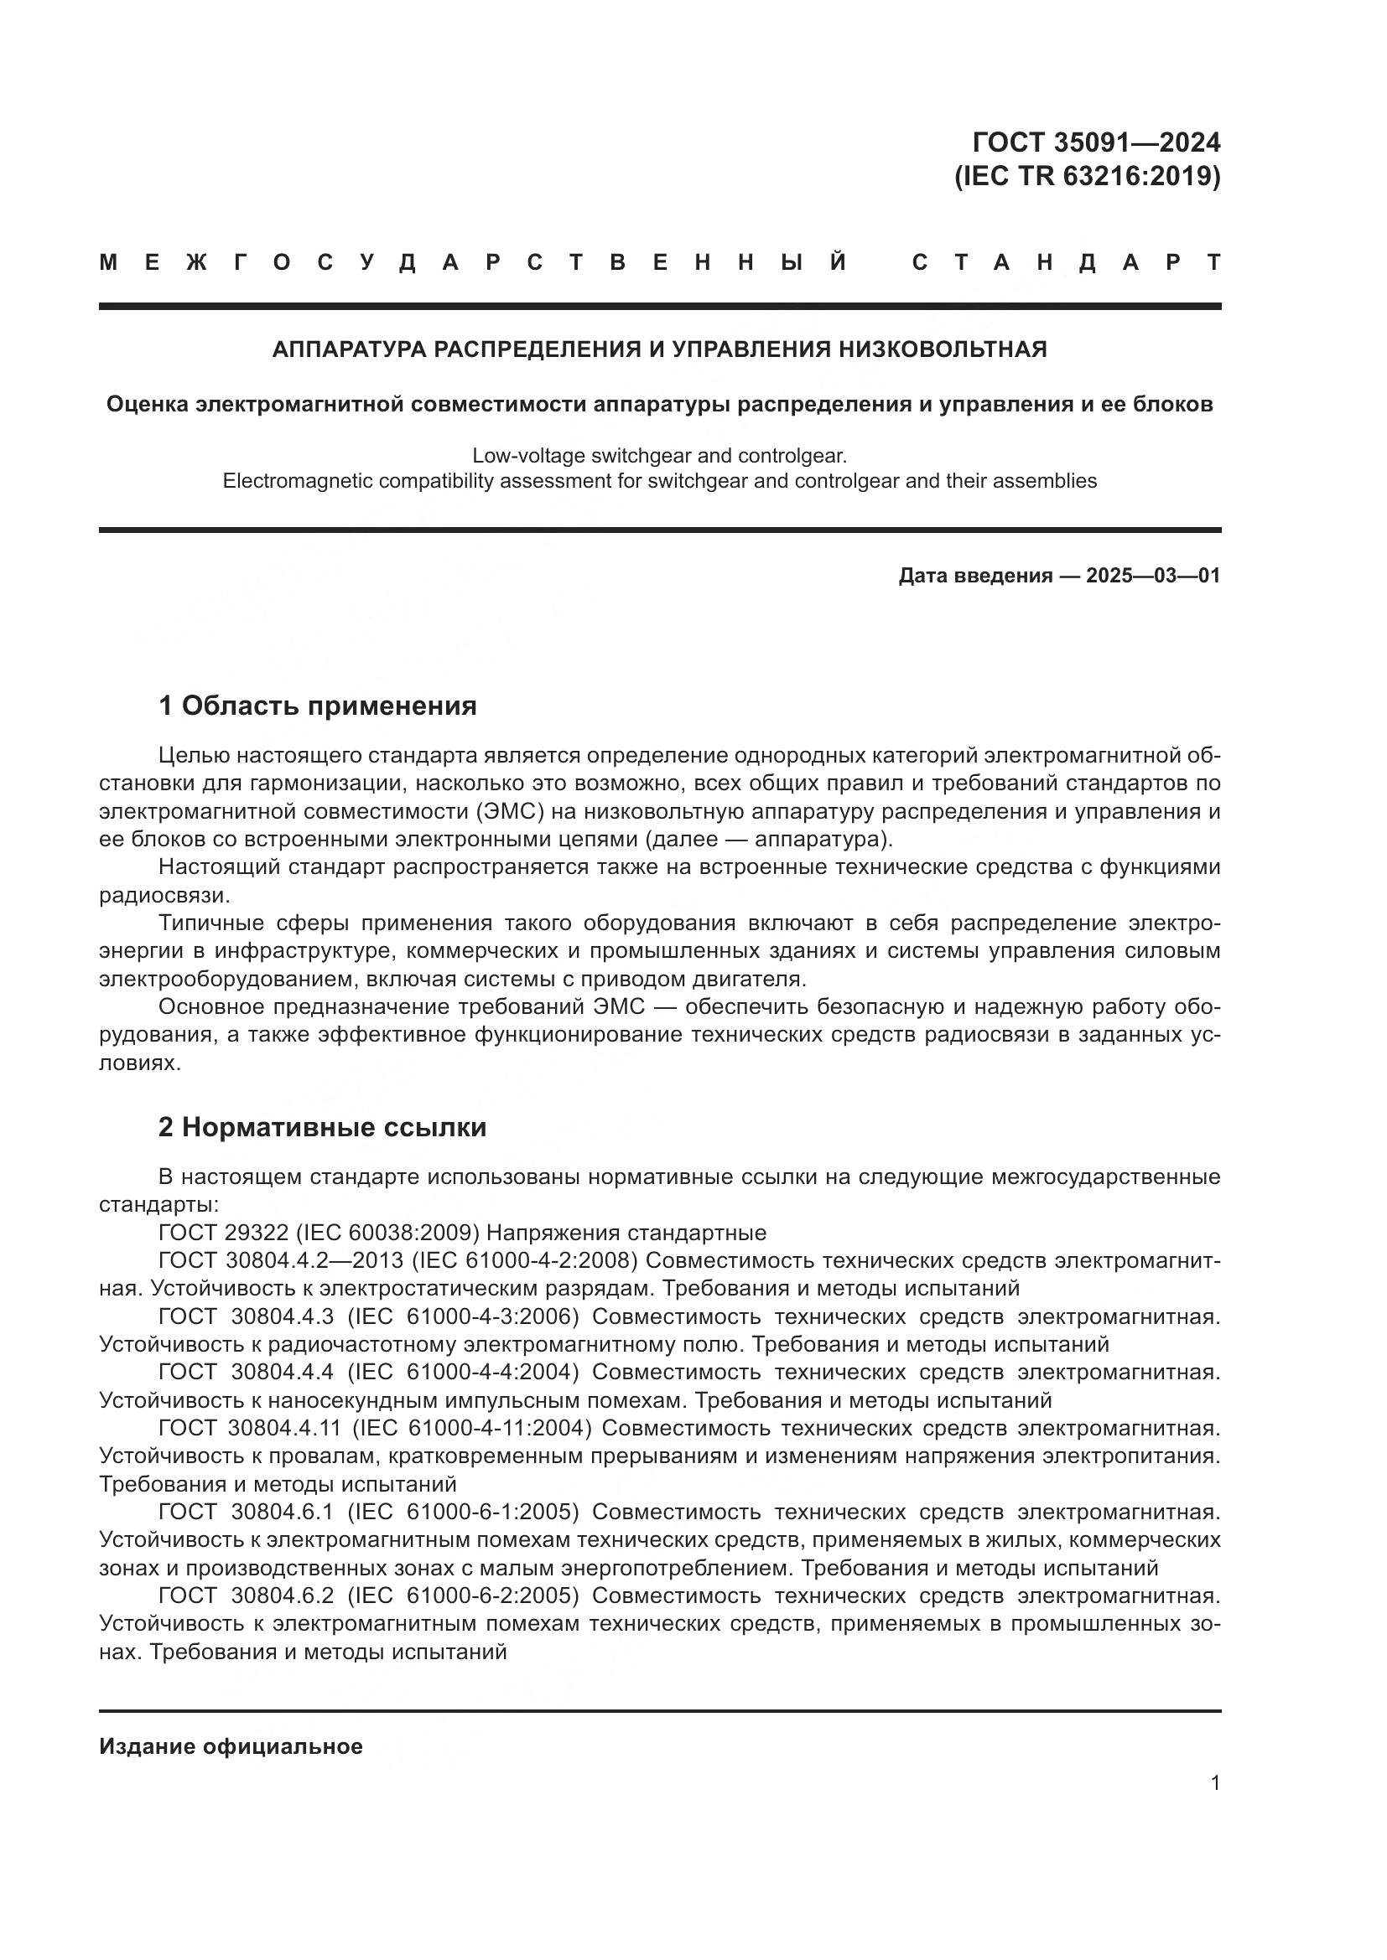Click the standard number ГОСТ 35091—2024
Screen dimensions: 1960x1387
(1096, 142)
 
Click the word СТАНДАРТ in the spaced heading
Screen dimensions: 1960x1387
(1067, 262)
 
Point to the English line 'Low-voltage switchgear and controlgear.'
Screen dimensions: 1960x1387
(659, 455)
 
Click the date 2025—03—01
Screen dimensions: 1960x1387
(1153, 576)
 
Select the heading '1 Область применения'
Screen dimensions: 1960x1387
(317, 706)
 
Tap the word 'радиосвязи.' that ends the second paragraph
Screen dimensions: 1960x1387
(165, 895)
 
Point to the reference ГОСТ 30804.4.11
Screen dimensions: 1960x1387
(249, 1427)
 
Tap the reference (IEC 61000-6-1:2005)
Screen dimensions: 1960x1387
(463, 1511)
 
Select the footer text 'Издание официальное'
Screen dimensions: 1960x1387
(231, 1746)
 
